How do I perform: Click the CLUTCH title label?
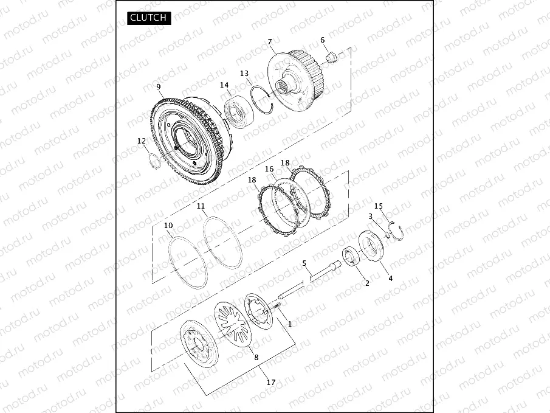click(x=149, y=18)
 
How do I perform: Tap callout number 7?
click(x=269, y=42)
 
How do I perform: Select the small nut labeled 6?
click(x=331, y=57)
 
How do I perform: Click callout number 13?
click(x=244, y=74)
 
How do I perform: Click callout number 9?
click(x=159, y=86)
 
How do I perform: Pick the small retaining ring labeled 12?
click(x=154, y=161)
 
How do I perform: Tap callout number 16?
click(x=269, y=169)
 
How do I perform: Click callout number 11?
click(x=201, y=206)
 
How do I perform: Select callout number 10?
click(x=168, y=226)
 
